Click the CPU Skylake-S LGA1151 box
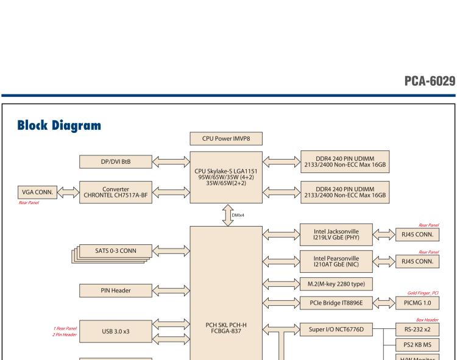227,177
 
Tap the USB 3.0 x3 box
115,332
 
